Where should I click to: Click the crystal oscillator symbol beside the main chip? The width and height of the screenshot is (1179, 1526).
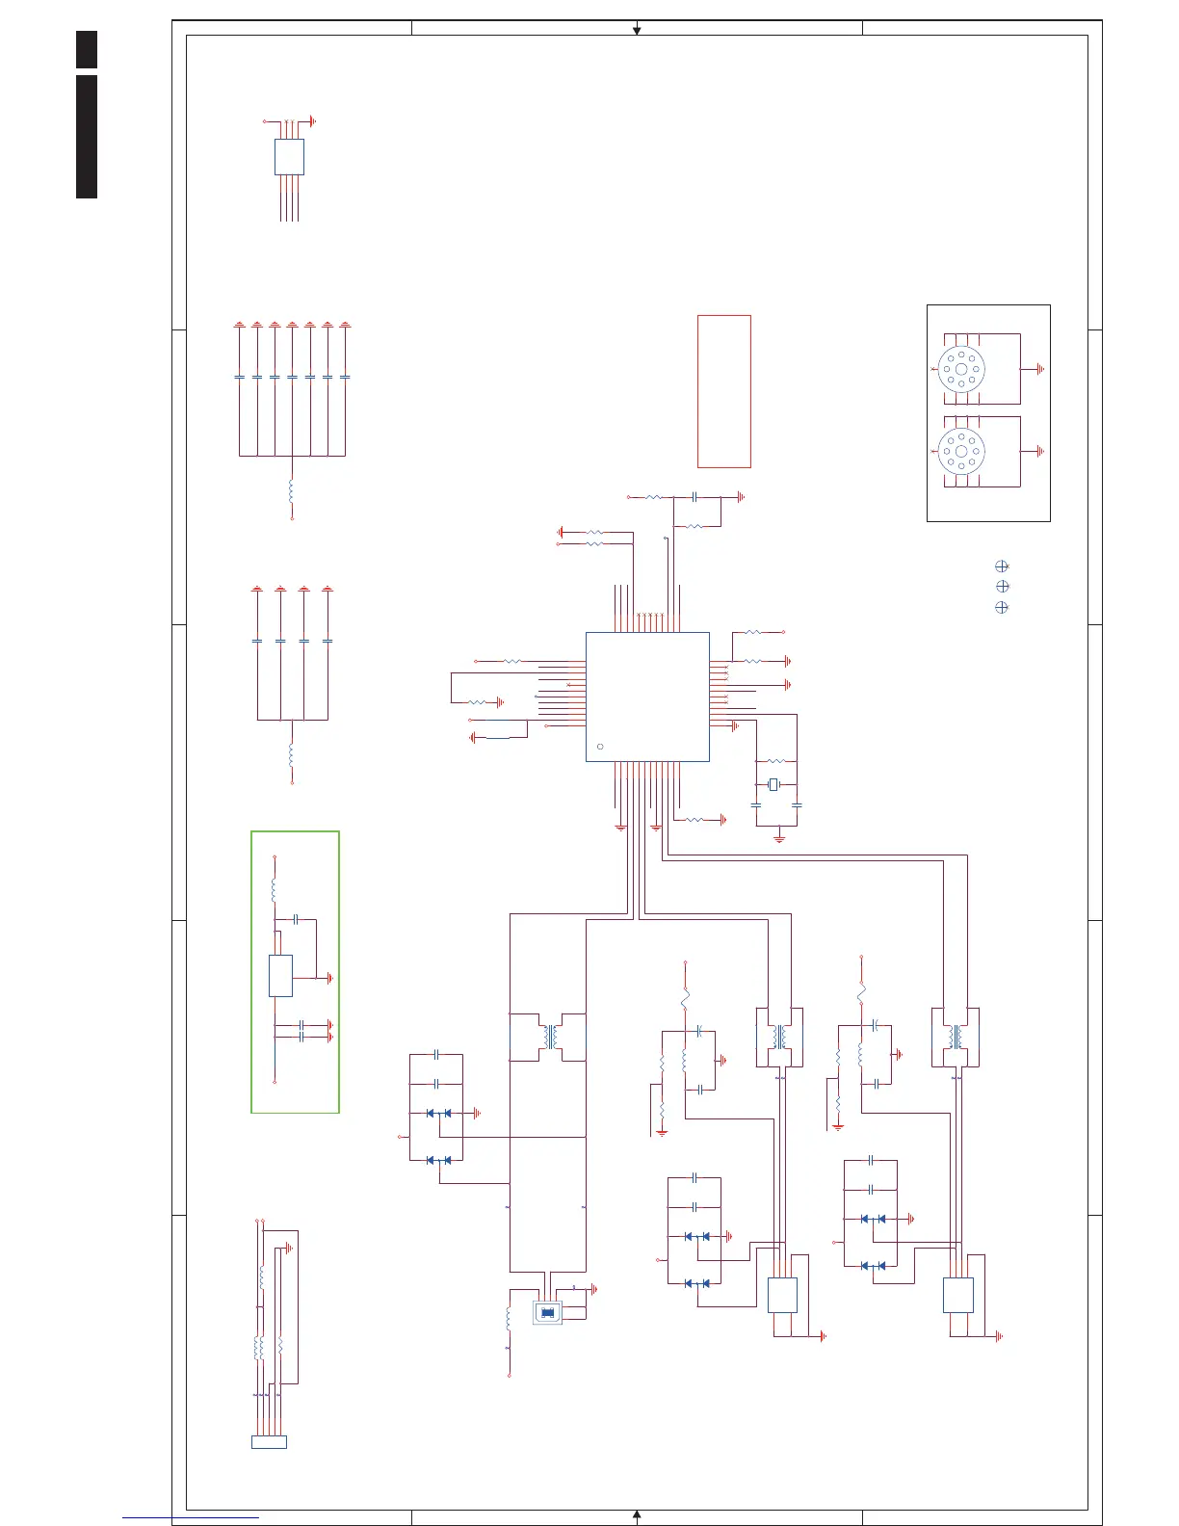coord(773,785)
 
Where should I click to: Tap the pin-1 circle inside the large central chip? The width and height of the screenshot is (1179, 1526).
coord(600,747)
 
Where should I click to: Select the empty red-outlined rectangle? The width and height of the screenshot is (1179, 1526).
coord(723,391)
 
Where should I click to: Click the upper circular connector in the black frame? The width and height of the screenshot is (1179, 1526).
coord(961,369)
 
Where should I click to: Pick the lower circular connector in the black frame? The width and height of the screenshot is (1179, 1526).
coord(961,451)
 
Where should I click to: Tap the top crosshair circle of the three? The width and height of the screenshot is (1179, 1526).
coord(1002,566)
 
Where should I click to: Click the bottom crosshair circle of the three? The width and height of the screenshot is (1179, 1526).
coord(1002,607)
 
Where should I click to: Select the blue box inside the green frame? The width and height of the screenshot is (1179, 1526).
coord(280,976)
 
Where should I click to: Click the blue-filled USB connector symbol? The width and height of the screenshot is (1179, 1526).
coord(547,1311)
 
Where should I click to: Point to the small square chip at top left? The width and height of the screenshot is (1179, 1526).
coord(289,157)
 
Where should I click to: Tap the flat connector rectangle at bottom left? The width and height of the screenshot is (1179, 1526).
coord(269,1442)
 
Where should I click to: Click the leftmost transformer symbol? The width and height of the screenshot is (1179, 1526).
coord(549,1037)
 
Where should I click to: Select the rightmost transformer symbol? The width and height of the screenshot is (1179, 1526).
coord(956,1037)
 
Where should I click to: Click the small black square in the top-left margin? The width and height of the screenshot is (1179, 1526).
coord(87,49)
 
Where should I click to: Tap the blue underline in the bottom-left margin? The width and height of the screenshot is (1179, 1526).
coord(191,1518)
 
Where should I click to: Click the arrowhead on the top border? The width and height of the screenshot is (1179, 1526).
coord(637,31)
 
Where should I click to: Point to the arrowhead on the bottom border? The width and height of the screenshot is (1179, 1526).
coord(637,1514)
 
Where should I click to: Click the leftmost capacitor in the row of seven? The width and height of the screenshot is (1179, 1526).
coord(239,377)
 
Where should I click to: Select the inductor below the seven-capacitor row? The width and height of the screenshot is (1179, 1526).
coord(291,490)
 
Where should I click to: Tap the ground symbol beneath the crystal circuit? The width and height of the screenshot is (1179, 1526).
coord(779,838)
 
